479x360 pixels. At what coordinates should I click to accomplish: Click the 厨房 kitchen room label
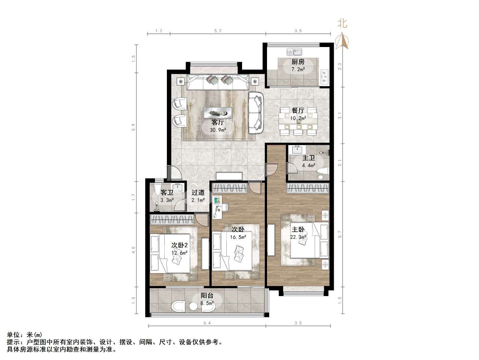(298, 62)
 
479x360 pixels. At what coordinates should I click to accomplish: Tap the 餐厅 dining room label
(298, 110)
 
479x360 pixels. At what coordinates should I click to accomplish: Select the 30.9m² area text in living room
(217, 130)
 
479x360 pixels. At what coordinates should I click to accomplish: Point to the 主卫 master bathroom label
(308, 158)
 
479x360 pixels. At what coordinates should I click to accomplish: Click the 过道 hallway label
(198, 192)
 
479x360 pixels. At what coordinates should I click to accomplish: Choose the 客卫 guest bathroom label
(167, 192)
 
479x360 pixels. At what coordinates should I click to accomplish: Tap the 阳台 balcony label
(207, 296)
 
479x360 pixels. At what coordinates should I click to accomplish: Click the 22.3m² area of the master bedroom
(298, 237)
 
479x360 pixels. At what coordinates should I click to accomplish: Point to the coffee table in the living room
(218, 112)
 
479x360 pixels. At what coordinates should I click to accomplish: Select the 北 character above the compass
(342, 24)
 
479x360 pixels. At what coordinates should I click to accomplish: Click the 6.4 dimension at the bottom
(207, 323)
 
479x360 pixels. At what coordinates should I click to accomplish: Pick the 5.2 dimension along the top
(217, 31)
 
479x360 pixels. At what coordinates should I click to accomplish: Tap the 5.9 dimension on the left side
(134, 127)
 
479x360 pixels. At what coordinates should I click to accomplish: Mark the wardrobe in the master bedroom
(308, 188)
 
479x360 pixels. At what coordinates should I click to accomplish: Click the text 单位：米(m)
(25, 335)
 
